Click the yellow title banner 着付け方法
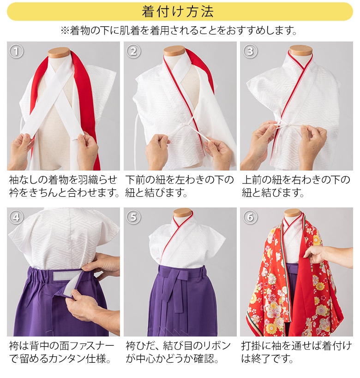click(180, 11)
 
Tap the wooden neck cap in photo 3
click(301, 50)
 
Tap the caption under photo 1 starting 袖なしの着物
click(63, 186)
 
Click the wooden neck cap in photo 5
click(182, 213)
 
